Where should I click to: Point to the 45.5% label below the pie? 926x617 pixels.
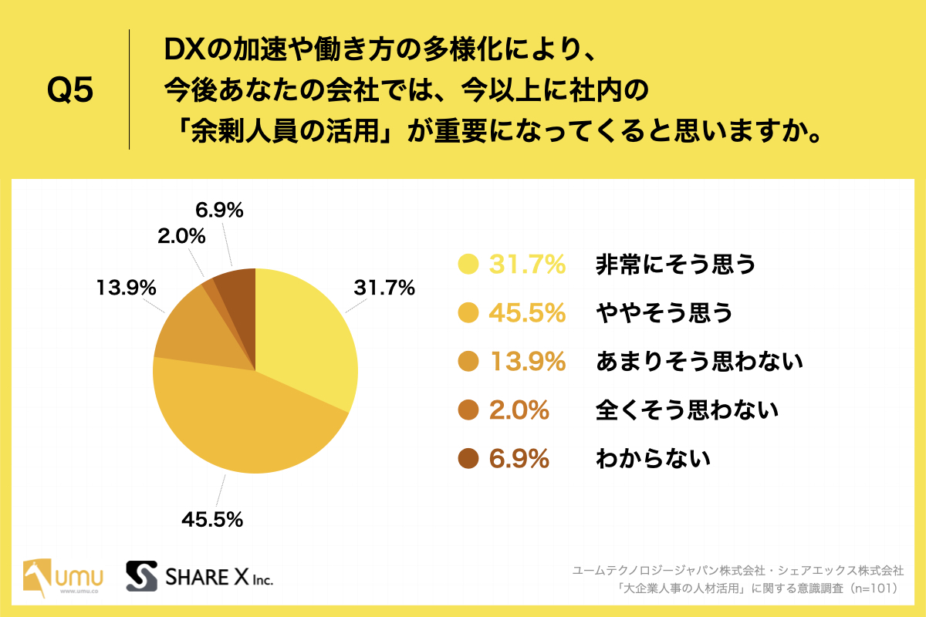tap(212, 519)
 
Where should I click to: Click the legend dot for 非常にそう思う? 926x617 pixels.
tap(468, 265)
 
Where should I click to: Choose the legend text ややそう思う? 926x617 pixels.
tap(662, 313)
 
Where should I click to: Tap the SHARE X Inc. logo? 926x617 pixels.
tap(200, 575)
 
